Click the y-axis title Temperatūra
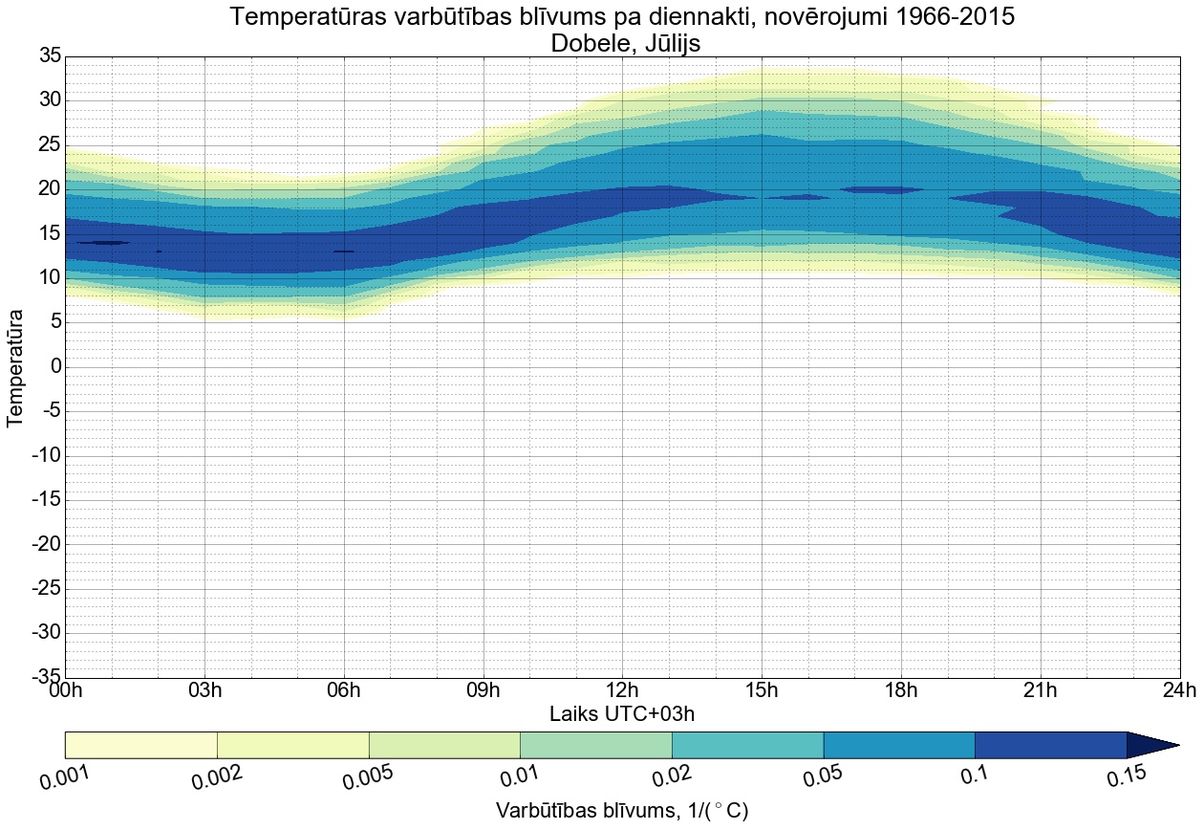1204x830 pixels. pyautogui.click(x=16, y=367)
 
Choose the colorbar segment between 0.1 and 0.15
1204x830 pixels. pyautogui.click(x=1050, y=745)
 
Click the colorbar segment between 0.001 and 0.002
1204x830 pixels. pyautogui.click(x=140, y=745)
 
